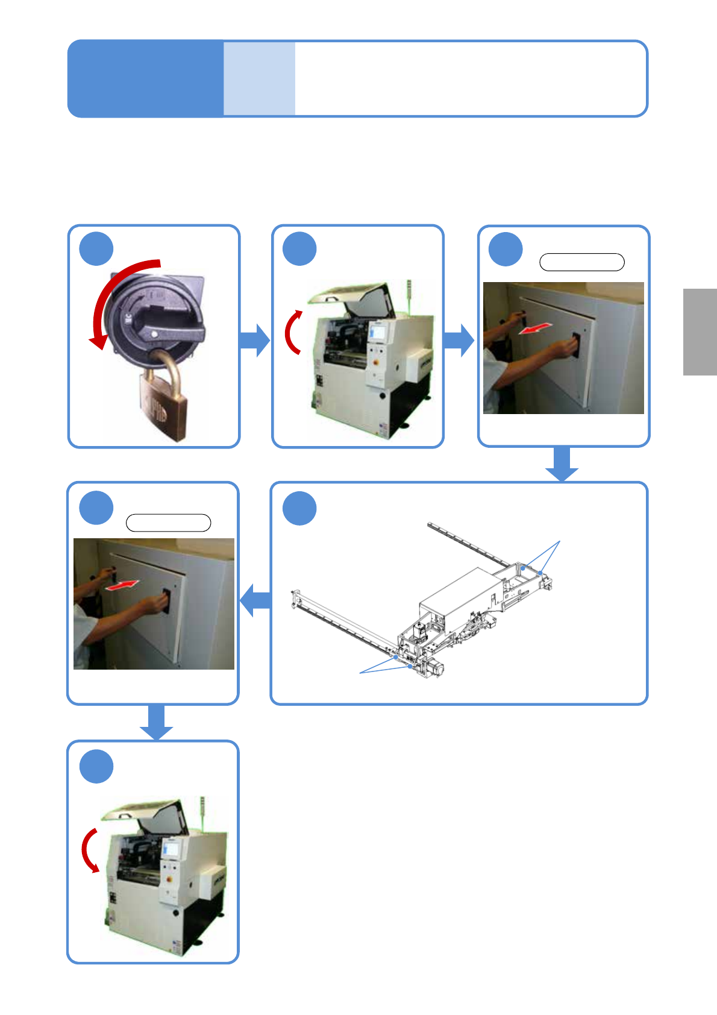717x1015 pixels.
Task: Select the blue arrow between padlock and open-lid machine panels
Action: pyautogui.click(x=255, y=341)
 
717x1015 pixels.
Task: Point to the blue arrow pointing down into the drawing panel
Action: pyautogui.click(x=562, y=465)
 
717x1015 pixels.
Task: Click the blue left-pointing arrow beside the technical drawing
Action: pyautogui.click(x=255, y=600)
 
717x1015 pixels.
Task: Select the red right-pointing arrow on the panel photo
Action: pyautogui.click(x=123, y=585)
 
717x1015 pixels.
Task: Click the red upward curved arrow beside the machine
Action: pyautogui.click(x=292, y=332)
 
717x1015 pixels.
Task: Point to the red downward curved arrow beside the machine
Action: pyautogui.click(x=89, y=850)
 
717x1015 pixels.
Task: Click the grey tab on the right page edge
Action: pyautogui.click(x=700, y=332)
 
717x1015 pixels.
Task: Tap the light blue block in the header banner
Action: pyautogui.click(x=259, y=78)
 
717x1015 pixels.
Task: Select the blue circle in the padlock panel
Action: pyautogui.click(x=96, y=248)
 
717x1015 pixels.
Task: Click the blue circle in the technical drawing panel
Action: pyautogui.click(x=299, y=508)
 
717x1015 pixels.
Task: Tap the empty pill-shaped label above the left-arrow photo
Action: pyautogui.click(x=581, y=262)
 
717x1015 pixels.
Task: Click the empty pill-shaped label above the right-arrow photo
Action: pyautogui.click(x=168, y=523)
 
